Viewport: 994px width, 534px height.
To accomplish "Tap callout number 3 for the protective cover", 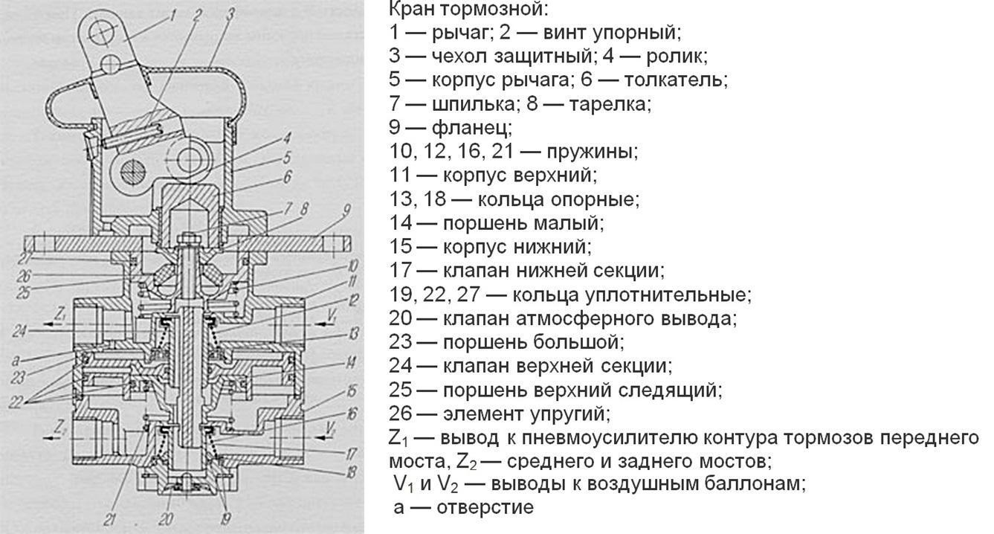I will (231, 13).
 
